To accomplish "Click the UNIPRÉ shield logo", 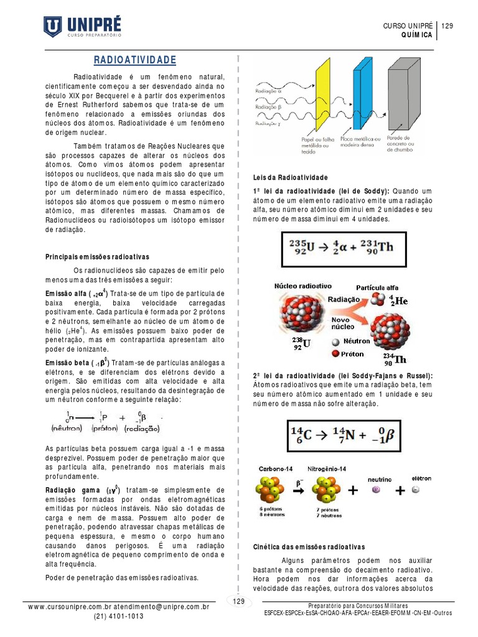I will tap(52, 26).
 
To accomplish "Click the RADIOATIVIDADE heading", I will tap(135, 60).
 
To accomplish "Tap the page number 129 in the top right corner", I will tap(447, 26).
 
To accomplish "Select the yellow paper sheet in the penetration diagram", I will tap(322, 94).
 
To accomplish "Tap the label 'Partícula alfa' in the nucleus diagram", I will tap(377, 287).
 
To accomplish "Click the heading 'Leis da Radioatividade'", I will tap(290, 177).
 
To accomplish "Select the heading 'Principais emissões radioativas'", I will tap(98, 256).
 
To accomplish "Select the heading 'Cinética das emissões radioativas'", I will tap(309, 546).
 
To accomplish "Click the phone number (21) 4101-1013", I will tap(118, 616).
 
